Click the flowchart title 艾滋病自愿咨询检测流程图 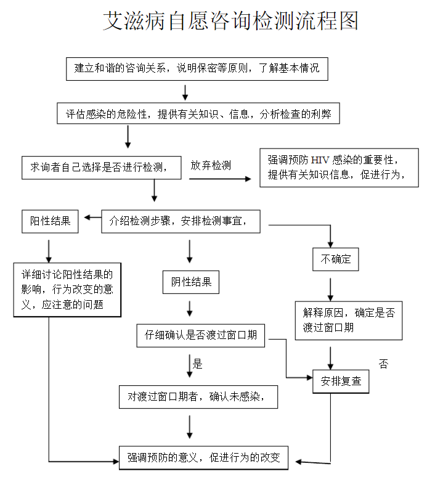click(x=230, y=21)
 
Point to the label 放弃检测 click(x=211, y=165)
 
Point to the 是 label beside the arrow click(x=198, y=364)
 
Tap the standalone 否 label click(x=383, y=364)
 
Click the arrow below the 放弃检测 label click(x=220, y=179)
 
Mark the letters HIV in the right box click(x=320, y=160)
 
